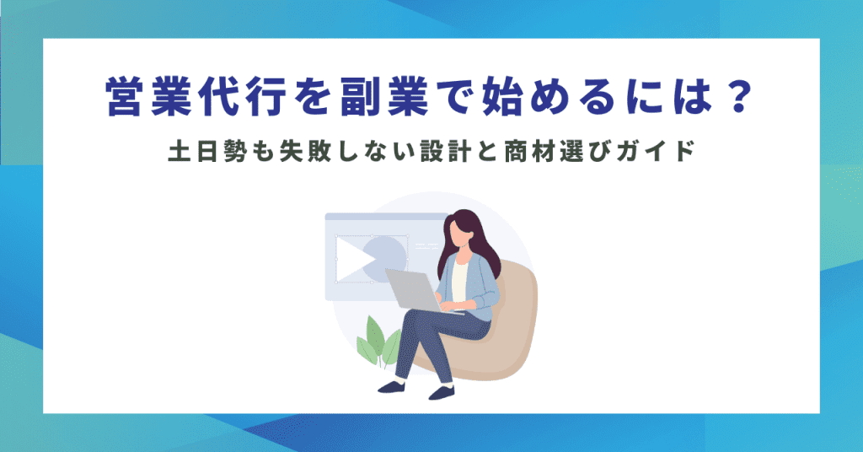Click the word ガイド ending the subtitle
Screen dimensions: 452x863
tap(658, 153)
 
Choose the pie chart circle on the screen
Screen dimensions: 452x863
tap(385, 256)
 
